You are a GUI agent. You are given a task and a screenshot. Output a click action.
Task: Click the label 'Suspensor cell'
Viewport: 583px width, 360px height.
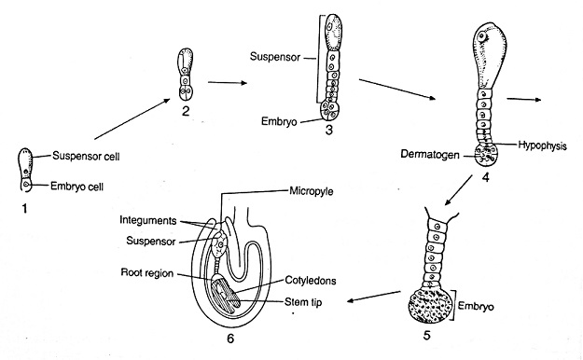86,156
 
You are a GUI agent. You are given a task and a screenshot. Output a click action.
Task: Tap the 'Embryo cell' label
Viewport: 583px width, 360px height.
76,186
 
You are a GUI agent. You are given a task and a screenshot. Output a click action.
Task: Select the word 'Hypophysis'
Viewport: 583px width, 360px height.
542,145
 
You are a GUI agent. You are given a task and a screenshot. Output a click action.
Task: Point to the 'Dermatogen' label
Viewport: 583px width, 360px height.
429,154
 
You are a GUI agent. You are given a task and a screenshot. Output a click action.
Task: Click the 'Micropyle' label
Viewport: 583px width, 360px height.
312,192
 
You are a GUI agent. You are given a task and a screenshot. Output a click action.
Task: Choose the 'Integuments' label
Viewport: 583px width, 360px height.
148,220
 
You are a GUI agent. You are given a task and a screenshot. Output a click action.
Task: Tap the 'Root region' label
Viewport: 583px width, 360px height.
147,273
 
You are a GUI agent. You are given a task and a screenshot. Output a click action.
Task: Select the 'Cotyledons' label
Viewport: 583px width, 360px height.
311,280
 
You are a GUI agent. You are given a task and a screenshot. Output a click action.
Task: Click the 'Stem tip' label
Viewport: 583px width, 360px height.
303,302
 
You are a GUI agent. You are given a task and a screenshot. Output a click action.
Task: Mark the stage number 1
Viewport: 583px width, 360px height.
24,209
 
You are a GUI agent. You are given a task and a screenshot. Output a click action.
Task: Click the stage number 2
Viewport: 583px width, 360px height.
186,110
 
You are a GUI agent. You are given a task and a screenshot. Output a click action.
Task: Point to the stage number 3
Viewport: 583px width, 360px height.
328,131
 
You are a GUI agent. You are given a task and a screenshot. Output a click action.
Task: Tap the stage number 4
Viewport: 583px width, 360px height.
485,177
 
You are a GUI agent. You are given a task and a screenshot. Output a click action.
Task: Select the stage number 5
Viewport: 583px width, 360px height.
426,335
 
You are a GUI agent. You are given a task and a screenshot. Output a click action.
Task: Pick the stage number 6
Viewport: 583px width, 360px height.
230,339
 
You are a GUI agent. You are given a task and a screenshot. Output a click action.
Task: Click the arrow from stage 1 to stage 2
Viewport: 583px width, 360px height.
132,119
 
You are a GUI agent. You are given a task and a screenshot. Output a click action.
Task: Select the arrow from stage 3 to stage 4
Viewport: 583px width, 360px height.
397,90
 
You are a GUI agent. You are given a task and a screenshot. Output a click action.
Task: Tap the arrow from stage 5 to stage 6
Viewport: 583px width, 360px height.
374,297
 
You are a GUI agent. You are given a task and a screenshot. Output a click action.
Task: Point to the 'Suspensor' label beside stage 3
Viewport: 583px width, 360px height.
275,57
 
